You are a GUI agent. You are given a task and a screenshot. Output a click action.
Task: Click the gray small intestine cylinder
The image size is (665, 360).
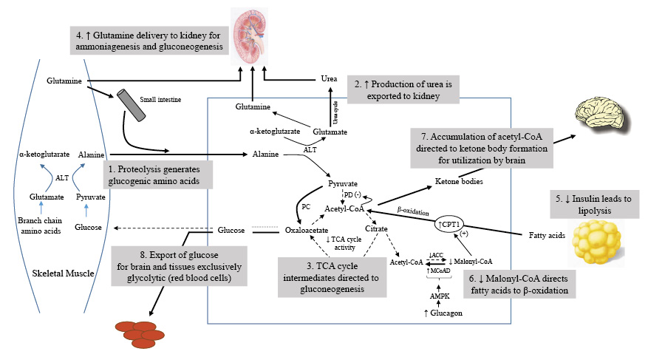130,107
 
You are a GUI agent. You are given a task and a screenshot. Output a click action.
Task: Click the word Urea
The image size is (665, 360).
330,78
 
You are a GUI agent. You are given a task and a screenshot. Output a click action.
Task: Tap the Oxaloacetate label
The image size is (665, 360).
307,231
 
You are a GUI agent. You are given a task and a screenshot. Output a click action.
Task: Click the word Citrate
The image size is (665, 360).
377,231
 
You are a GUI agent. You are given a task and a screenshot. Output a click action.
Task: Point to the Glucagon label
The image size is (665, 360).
443,314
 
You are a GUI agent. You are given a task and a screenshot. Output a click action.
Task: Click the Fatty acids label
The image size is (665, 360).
546,236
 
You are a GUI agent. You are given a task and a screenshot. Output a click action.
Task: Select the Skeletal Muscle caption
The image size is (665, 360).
63,274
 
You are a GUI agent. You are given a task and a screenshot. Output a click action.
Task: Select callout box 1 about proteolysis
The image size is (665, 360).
160,174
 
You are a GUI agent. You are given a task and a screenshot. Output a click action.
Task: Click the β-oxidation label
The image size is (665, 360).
413,211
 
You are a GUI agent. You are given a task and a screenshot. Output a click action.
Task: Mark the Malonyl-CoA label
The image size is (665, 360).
474,261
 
